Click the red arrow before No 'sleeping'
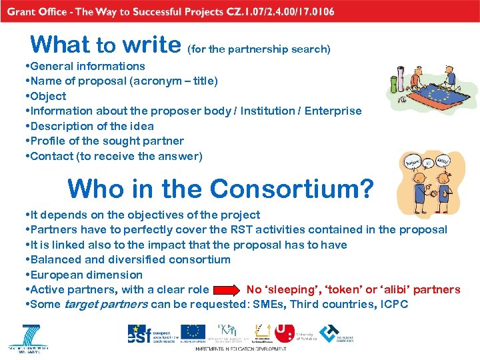[227, 290]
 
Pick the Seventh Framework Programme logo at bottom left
[26, 337]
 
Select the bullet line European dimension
[86, 275]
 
